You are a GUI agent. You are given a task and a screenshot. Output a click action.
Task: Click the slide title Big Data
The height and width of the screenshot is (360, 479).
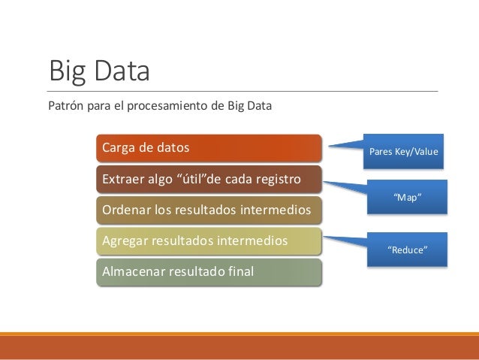click(99, 71)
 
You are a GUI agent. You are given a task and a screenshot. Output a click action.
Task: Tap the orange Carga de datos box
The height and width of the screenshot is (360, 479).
click(209, 148)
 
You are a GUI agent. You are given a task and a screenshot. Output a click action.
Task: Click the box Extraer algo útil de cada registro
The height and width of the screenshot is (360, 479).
click(209, 180)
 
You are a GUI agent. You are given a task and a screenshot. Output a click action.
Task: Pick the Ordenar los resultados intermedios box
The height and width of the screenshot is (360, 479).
click(209, 210)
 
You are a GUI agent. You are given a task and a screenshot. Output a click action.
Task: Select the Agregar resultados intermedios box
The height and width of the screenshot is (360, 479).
click(209, 241)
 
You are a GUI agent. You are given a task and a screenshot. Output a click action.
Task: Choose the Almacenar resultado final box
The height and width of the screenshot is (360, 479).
click(209, 272)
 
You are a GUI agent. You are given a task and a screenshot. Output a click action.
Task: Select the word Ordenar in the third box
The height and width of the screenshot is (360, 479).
click(125, 210)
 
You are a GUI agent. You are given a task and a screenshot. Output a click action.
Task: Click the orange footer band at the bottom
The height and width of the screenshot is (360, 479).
click(239, 347)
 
